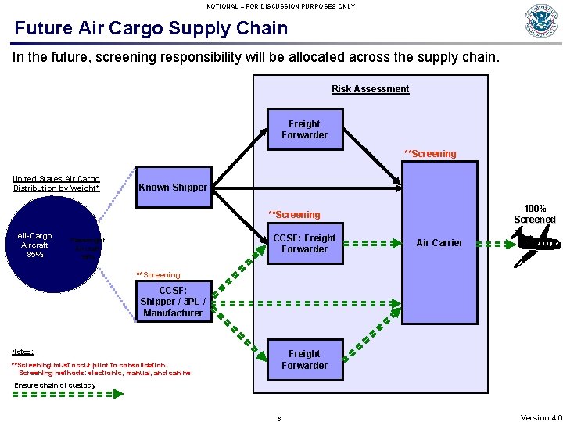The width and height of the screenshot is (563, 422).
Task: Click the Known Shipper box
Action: click(x=173, y=187)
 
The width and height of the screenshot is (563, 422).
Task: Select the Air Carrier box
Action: click(x=439, y=243)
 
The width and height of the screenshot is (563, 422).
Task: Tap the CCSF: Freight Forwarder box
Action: click(x=304, y=243)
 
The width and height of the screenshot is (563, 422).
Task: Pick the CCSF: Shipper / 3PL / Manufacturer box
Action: click(x=173, y=302)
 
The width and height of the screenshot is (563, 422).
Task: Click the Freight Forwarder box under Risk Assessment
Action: click(x=304, y=129)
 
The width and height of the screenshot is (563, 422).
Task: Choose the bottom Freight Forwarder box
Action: click(x=304, y=359)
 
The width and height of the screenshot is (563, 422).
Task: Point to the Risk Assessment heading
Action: click(x=370, y=89)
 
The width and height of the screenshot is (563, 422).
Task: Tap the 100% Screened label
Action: click(x=535, y=214)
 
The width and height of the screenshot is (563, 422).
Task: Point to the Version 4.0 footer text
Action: click(x=541, y=417)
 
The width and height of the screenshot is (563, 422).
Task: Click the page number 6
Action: click(x=279, y=418)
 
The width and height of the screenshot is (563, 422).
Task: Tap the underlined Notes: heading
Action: click(x=23, y=352)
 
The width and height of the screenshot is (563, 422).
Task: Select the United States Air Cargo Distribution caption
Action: click(x=56, y=184)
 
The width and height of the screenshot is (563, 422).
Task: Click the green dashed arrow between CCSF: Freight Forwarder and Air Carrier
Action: click(x=372, y=243)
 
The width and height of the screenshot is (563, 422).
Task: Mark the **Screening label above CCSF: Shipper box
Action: click(x=158, y=275)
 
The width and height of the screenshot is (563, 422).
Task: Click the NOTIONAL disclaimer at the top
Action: click(x=281, y=6)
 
